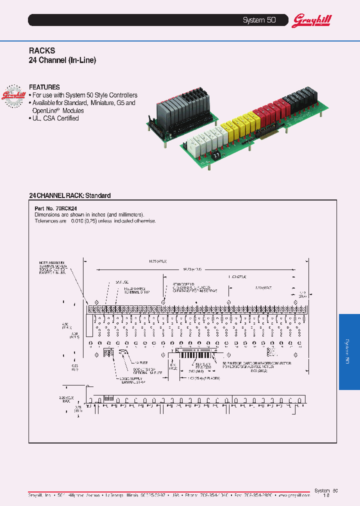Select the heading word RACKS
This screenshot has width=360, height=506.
pos(42,51)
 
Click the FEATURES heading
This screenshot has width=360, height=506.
pos(44,87)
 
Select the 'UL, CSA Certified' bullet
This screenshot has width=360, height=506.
pos(55,118)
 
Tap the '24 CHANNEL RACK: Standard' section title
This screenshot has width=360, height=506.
pos(69,195)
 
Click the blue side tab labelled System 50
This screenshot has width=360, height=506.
pos(349,351)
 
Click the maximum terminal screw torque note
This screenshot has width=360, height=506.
pos(53,267)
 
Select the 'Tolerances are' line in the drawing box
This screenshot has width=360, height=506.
pos(95,220)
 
